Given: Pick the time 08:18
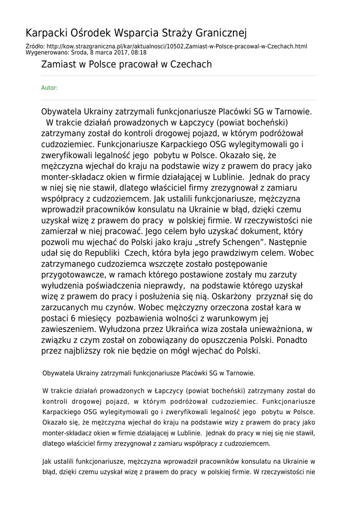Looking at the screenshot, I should [139, 52].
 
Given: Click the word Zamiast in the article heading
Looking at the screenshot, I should [58, 64].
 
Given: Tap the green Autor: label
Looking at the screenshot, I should [49, 88].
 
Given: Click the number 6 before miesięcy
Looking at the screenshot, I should [73, 318].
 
